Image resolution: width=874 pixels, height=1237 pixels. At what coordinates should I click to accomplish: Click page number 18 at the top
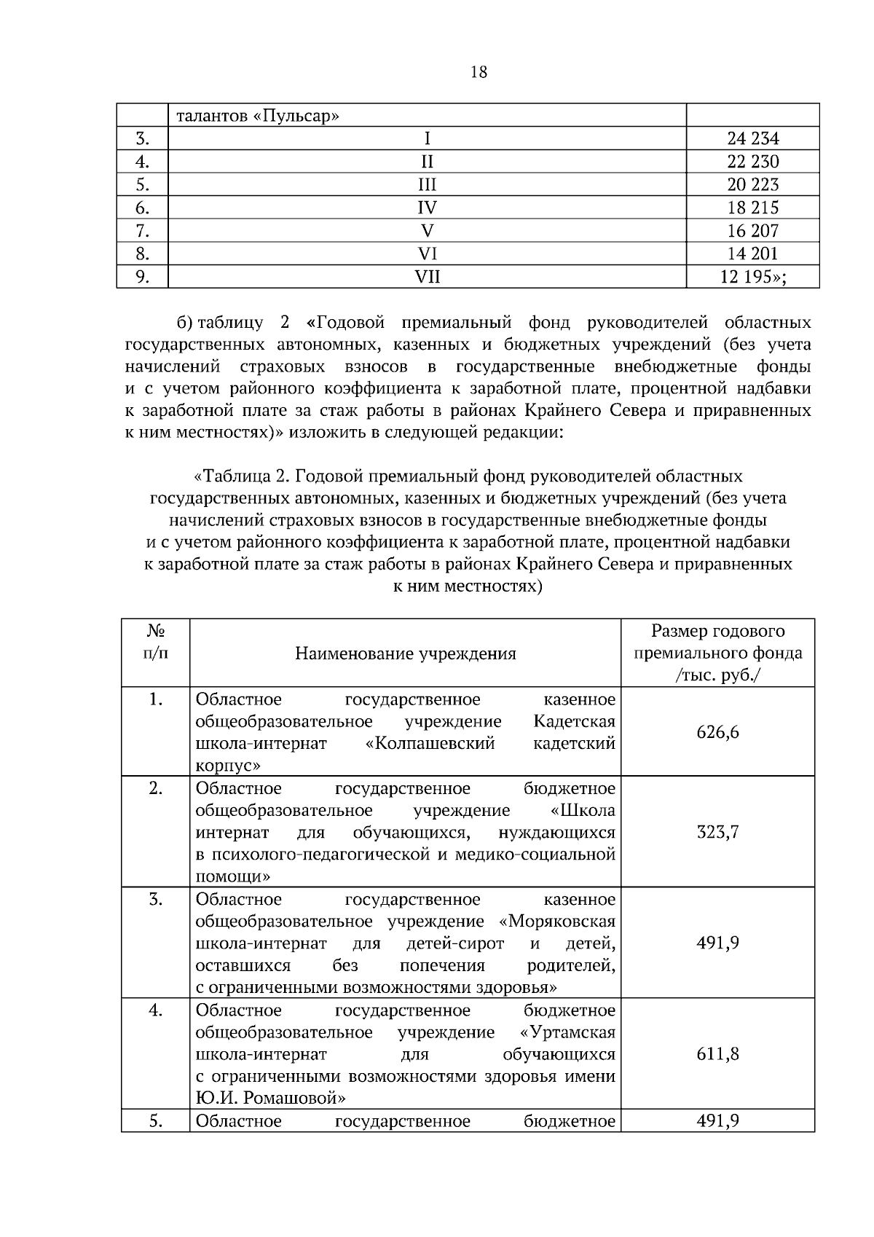(479, 72)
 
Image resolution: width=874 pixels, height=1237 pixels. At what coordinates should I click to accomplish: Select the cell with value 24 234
(752, 138)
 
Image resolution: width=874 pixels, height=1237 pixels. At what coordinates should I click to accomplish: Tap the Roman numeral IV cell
(427, 208)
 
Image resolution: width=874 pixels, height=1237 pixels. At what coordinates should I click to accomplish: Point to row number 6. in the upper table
(142, 208)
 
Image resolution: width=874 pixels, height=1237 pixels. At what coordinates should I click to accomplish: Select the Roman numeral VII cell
(427, 277)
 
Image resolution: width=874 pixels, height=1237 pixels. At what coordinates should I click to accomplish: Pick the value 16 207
(752, 231)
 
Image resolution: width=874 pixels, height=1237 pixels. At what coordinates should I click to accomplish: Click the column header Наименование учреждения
(405, 653)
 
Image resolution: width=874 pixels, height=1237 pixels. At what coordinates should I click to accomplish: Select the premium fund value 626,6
(717, 732)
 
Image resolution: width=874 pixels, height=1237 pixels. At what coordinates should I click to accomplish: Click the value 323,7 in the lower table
(717, 832)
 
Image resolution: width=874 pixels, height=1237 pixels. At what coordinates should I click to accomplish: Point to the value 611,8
(717, 1053)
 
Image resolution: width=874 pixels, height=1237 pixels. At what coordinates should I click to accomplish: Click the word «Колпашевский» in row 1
(429, 744)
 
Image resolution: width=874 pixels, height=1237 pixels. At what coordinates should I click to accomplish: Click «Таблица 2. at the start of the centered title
(241, 476)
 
